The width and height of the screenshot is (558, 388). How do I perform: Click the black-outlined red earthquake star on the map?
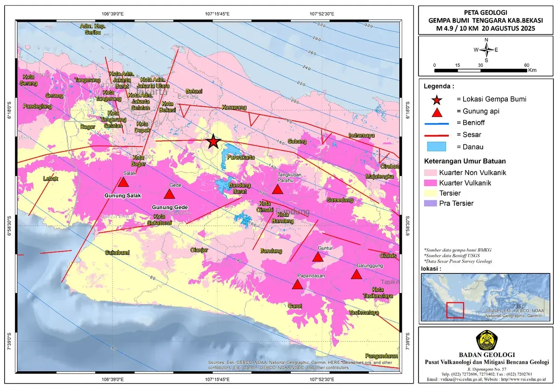point(213,141)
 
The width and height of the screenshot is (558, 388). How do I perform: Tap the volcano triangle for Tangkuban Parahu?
point(277,189)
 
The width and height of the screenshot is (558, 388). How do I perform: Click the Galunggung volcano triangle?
point(356,274)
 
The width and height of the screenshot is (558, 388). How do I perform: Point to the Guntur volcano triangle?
point(318,257)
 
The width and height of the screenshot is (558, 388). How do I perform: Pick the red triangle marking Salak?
point(123,182)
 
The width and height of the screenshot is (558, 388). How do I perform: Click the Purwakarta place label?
point(240,157)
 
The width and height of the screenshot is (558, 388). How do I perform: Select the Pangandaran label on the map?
point(381,355)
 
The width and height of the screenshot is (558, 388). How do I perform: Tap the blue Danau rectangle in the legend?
point(437,147)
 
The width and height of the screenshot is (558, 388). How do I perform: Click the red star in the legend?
point(437,99)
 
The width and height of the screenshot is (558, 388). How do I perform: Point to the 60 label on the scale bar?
point(526,65)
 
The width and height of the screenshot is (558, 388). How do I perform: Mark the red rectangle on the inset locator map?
point(455,310)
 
